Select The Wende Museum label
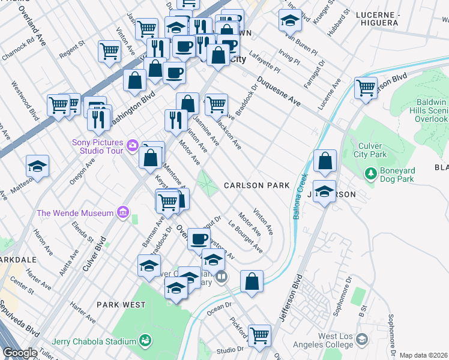tap(75, 213)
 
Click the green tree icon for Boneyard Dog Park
tap(370, 174)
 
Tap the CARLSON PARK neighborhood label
tap(256, 186)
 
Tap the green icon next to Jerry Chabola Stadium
tap(144, 341)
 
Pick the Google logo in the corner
tap(20, 353)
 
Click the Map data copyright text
tap(423, 355)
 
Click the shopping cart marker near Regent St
tap(109, 52)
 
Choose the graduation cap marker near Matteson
tap(37, 166)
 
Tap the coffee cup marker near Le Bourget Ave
tap(199, 239)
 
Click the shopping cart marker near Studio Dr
tap(259, 335)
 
